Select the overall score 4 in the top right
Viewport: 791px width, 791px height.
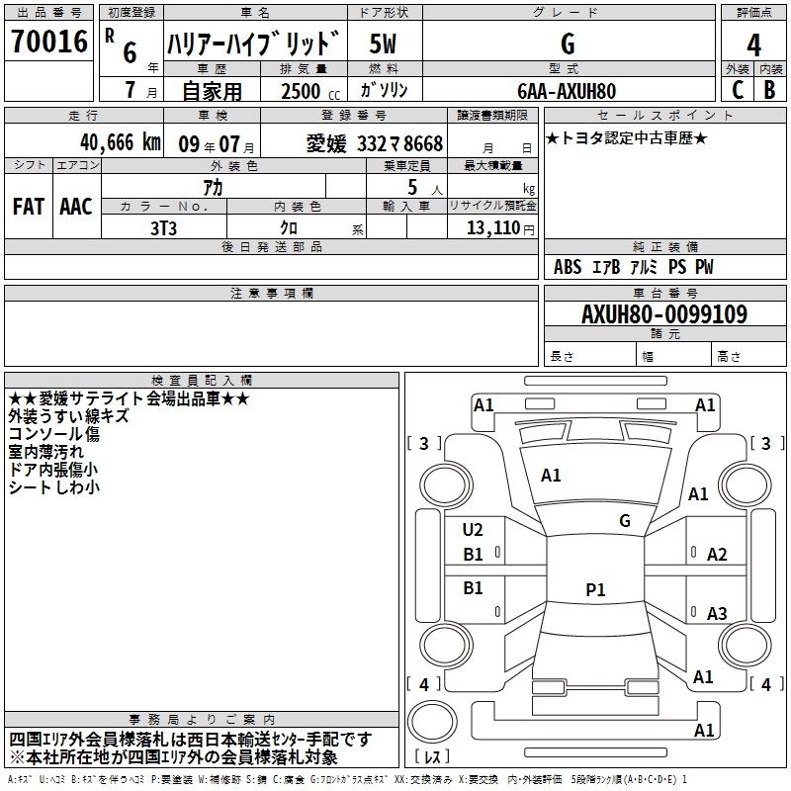click(753, 44)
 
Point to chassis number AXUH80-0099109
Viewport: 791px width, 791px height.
click(663, 314)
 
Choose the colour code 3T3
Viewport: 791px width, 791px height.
click(164, 226)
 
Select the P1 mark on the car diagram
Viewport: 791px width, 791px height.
click(594, 589)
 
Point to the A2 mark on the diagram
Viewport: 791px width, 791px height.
click(717, 555)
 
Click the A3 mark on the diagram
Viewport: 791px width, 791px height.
click(717, 614)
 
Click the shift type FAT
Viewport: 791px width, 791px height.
click(29, 207)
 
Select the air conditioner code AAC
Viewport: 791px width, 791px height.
click(76, 207)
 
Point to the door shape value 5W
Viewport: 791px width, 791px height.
click(385, 44)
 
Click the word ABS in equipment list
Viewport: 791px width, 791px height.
click(568, 267)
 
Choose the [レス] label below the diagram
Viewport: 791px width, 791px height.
click(431, 756)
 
